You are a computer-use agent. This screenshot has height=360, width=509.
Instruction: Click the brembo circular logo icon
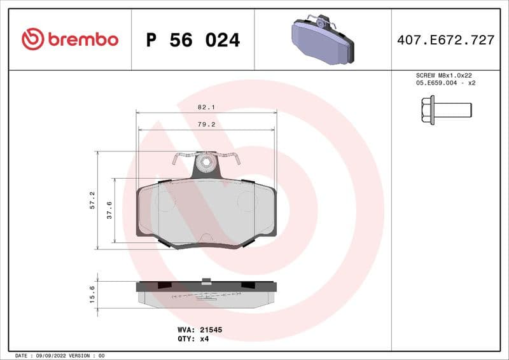pyautogui.click(x=32, y=39)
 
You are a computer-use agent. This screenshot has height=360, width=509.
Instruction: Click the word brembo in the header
pyautogui.click(x=83, y=39)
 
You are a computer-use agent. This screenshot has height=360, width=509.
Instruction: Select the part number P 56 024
pyautogui.click(x=193, y=40)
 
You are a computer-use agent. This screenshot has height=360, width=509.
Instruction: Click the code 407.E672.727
pyautogui.click(x=445, y=40)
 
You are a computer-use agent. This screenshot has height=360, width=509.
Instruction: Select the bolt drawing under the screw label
pyautogui.click(x=445, y=109)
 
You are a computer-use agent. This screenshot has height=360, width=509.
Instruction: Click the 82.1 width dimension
pyautogui.click(x=206, y=107)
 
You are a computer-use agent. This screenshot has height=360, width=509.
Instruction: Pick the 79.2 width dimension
pyautogui.click(x=206, y=125)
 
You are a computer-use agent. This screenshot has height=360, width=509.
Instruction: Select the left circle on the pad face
pyautogui.click(x=165, y=202)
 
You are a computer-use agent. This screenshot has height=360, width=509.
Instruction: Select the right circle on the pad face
pyautogui.click(x=247, y=202)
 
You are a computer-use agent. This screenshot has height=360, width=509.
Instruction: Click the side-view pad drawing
pyautogui.click(x=206, y=294)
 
